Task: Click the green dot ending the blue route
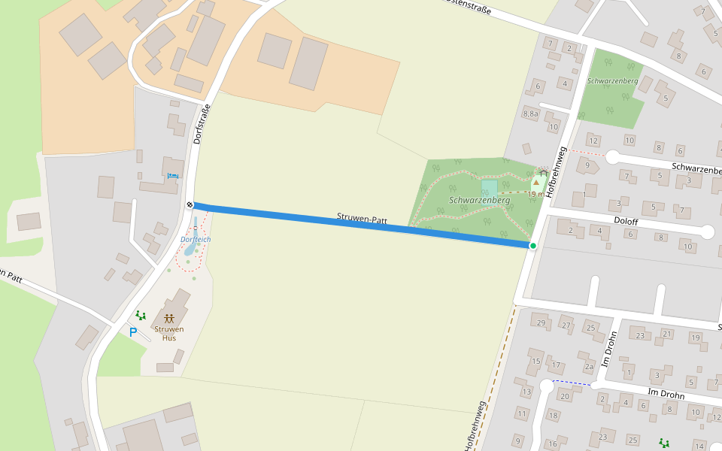pos(533,246)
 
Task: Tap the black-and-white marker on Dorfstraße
pos(190,205)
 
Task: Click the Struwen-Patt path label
pos(362,219)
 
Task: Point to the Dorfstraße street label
pos(200,123)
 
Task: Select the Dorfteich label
pos(196,239)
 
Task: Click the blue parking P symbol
pos(133,332)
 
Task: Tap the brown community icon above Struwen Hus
pos(169,318)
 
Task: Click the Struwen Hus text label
pos(168,333)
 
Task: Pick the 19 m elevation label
pos(535,194)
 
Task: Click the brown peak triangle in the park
pos(536,182)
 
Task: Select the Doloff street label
pos(626,222)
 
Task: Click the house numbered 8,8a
pos(530,114)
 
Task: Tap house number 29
pos(540,323)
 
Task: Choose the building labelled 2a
pos(590,366)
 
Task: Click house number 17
pos(557,366)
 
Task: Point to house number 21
pos(666,334)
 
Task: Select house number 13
pos(526,392)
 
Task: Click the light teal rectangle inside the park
pos(490,189)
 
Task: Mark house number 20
pos(564,396)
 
